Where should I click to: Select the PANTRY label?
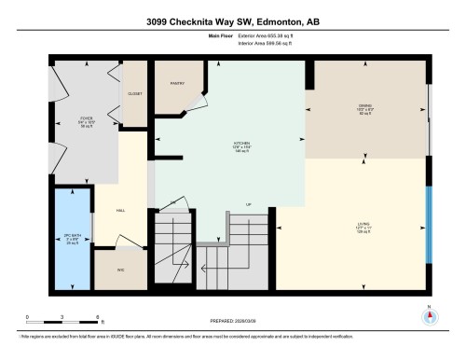coord(178,84)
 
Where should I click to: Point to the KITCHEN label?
coord(240,145)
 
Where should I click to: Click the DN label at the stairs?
coord(172,203)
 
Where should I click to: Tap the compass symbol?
coord(429,314)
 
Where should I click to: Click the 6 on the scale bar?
coord(98,318)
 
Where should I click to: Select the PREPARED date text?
coord(233,322)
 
